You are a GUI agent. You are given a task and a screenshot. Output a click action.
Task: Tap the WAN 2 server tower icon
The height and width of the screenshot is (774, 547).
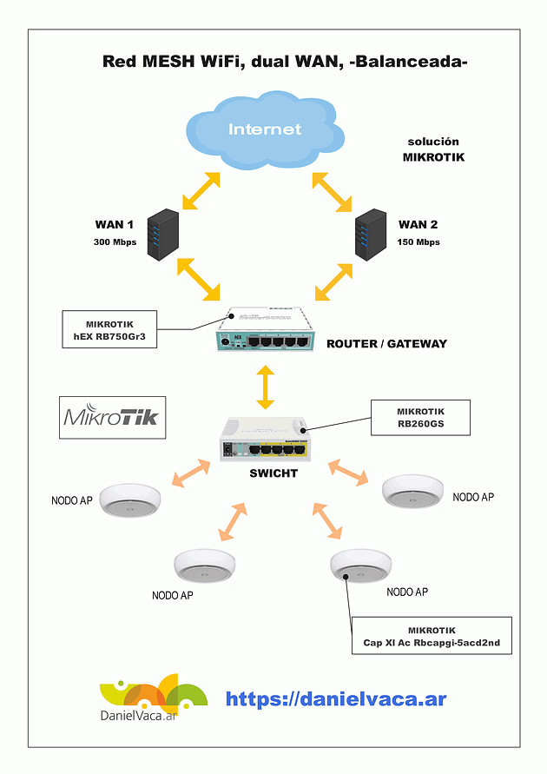(372, 232)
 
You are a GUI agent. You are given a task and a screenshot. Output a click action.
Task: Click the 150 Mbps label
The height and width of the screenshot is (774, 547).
(418, 242)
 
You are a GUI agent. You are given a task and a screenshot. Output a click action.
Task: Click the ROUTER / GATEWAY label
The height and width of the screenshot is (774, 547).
(386, 344)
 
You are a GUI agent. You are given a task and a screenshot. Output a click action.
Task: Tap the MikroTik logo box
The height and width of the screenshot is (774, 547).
(111, 417)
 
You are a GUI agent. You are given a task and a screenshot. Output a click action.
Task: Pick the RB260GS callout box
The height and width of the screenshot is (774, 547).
(420, 419)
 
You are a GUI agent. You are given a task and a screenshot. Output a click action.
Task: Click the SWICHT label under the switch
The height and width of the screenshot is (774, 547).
(273, 473)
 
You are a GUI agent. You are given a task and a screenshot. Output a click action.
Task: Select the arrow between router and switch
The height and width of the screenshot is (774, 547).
(265, 387)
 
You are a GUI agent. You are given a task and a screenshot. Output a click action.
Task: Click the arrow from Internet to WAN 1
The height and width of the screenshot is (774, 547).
(200, 190)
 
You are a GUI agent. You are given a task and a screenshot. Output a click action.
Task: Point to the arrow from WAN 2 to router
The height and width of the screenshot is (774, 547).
(333, 279)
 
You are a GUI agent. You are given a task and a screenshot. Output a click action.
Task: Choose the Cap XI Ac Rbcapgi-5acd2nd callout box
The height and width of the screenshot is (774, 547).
(432, 637)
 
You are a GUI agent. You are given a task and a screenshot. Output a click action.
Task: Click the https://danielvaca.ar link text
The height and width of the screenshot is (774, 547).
(336, 698)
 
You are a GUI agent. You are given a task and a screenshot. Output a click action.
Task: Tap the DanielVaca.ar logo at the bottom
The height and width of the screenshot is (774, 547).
(153, 699)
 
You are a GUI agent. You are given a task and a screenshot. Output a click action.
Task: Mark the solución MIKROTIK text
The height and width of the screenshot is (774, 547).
(433, 149)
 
